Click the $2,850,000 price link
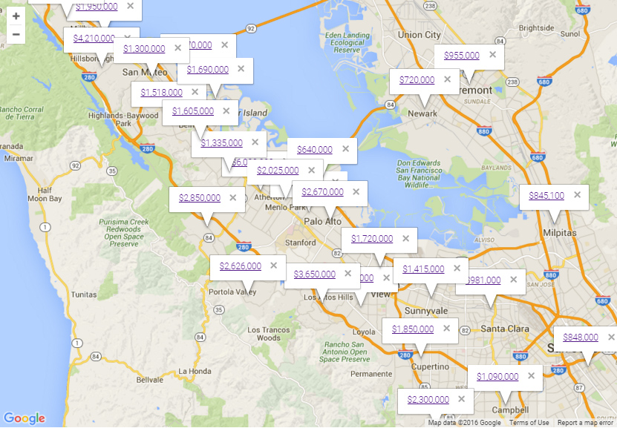pyautogui.click(x=200, y=198)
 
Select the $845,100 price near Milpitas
pyautogui.click(x=546, y=197)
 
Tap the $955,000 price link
pyautogui.click(x=462, y=56)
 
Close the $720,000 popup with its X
pyautogui.click(x=447, y=79)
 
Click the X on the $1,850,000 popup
pyautogui.click(x=446, y=329)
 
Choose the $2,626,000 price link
pyautogui.click(x=241, y=266)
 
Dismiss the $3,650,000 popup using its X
pyautogui.click(x=348, y=274)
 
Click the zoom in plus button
pyautogui.click(x=16, y=16)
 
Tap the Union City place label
pyautogui.click(x=419, y=35)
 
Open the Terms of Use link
pyautogui.click(x=529, y=423)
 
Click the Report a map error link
pyautogui.click(x=586, y=423)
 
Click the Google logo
pyautogui.click(x=24, y=419)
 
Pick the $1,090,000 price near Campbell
pyautogui.click(x=497, y=377)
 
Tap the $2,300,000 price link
pyautogui.click(x=428, y=400)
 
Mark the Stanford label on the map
pyautogui.click(x=300, y=243)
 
